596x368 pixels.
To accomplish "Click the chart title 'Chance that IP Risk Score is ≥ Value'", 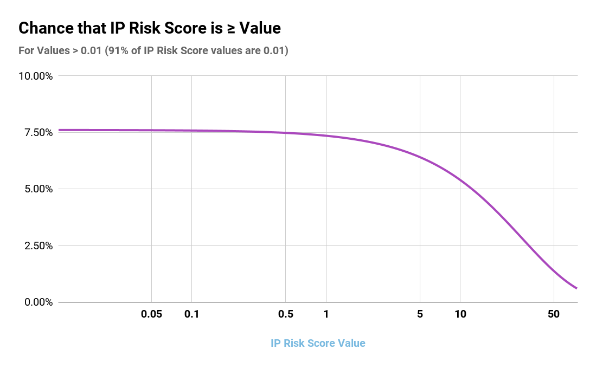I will click(x=150, y=28).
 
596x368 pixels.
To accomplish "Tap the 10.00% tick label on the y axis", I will click(x=36, y=76).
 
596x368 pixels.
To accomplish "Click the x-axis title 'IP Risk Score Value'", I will click(x=318, y=343).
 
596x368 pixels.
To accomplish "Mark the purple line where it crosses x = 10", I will click(x=460, y=179).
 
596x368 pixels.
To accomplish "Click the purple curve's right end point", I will click(x=576, y=288).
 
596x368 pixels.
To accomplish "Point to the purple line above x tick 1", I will click(x=326, y=135).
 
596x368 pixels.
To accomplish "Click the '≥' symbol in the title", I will click(x=233, y=28).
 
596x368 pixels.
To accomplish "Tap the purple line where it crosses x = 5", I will click(x=420, y=157).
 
